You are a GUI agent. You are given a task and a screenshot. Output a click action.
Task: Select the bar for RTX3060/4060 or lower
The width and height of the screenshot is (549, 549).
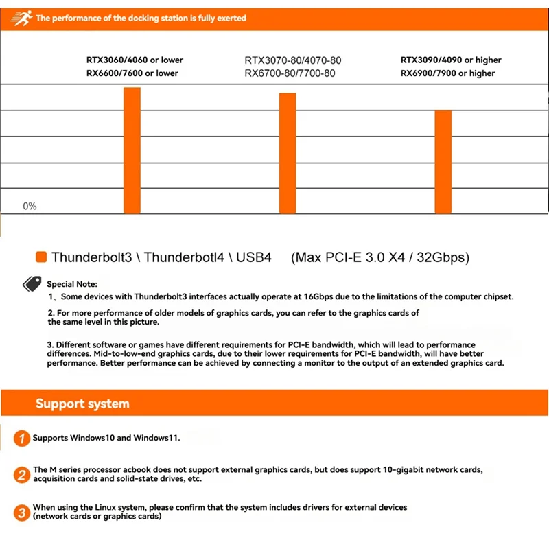(x=132, y=151)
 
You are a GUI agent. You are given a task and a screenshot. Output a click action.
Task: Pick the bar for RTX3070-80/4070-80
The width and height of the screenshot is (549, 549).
(x=288, y=154)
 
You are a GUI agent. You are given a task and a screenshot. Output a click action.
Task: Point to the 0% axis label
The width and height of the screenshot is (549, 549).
(x=30, y=207)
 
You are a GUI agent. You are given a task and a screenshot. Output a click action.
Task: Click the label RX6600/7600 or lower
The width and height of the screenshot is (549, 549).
(x=132, y=73)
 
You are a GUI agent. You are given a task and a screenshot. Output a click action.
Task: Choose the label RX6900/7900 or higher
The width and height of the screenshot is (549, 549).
(x=447, y=73)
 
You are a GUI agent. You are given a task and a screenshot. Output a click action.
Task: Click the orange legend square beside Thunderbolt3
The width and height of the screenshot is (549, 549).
(x=40, y=258)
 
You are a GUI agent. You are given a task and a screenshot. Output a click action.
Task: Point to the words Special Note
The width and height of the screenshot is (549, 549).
(x=72, y=283)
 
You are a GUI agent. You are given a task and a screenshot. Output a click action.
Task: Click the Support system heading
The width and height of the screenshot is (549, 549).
(x=82, y=404)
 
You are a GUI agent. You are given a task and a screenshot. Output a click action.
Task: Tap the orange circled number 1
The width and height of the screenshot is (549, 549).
(x=23, y=438)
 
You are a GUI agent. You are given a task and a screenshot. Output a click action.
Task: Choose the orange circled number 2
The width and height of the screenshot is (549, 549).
(x=23, y=474)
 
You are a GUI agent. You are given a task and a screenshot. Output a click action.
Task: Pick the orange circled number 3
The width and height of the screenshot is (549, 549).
(x=23, y=512)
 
